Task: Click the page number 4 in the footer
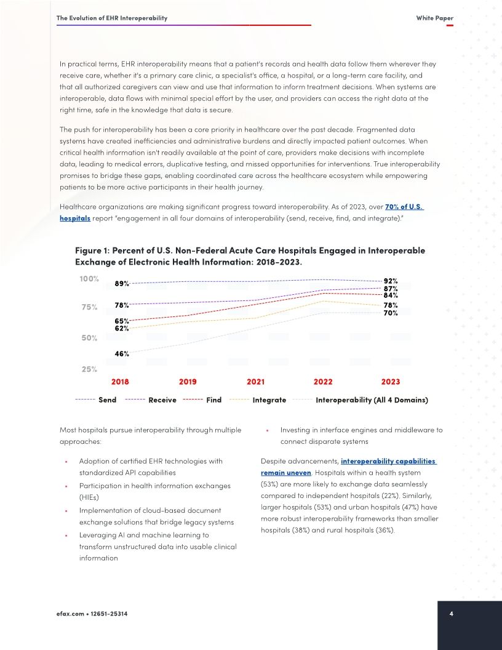pyautogui.click(x=452, y=614)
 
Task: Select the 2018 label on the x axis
pyautogui.click(x=120, y=382)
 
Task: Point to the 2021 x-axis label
pyautogui.click(x=255, y=382)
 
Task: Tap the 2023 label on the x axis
pyautogui.click(x=391, y=382)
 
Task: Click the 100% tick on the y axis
pyautogui.click(x=89, y=279)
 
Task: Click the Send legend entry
pyautogui.click(x=107, y=400)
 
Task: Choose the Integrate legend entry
pyautogui.click(x=269, y=400)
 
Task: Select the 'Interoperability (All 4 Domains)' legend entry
pyautogui.click(x=372, y=400)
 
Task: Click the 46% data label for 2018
pyautogui.click(x=122, y=354)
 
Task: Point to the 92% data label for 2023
pyautogui.click(x=391, y=281)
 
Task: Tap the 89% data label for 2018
pyautogui.click(x=122, y=284)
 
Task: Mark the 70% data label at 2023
pyautogui.click(x=391, y=313)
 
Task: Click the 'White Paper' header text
pyautogui.click(x=434, y=18)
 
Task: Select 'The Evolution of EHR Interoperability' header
pyautogui.click(x=112, y=18)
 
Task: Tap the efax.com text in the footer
pyautogui.click(x=70, y=614)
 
